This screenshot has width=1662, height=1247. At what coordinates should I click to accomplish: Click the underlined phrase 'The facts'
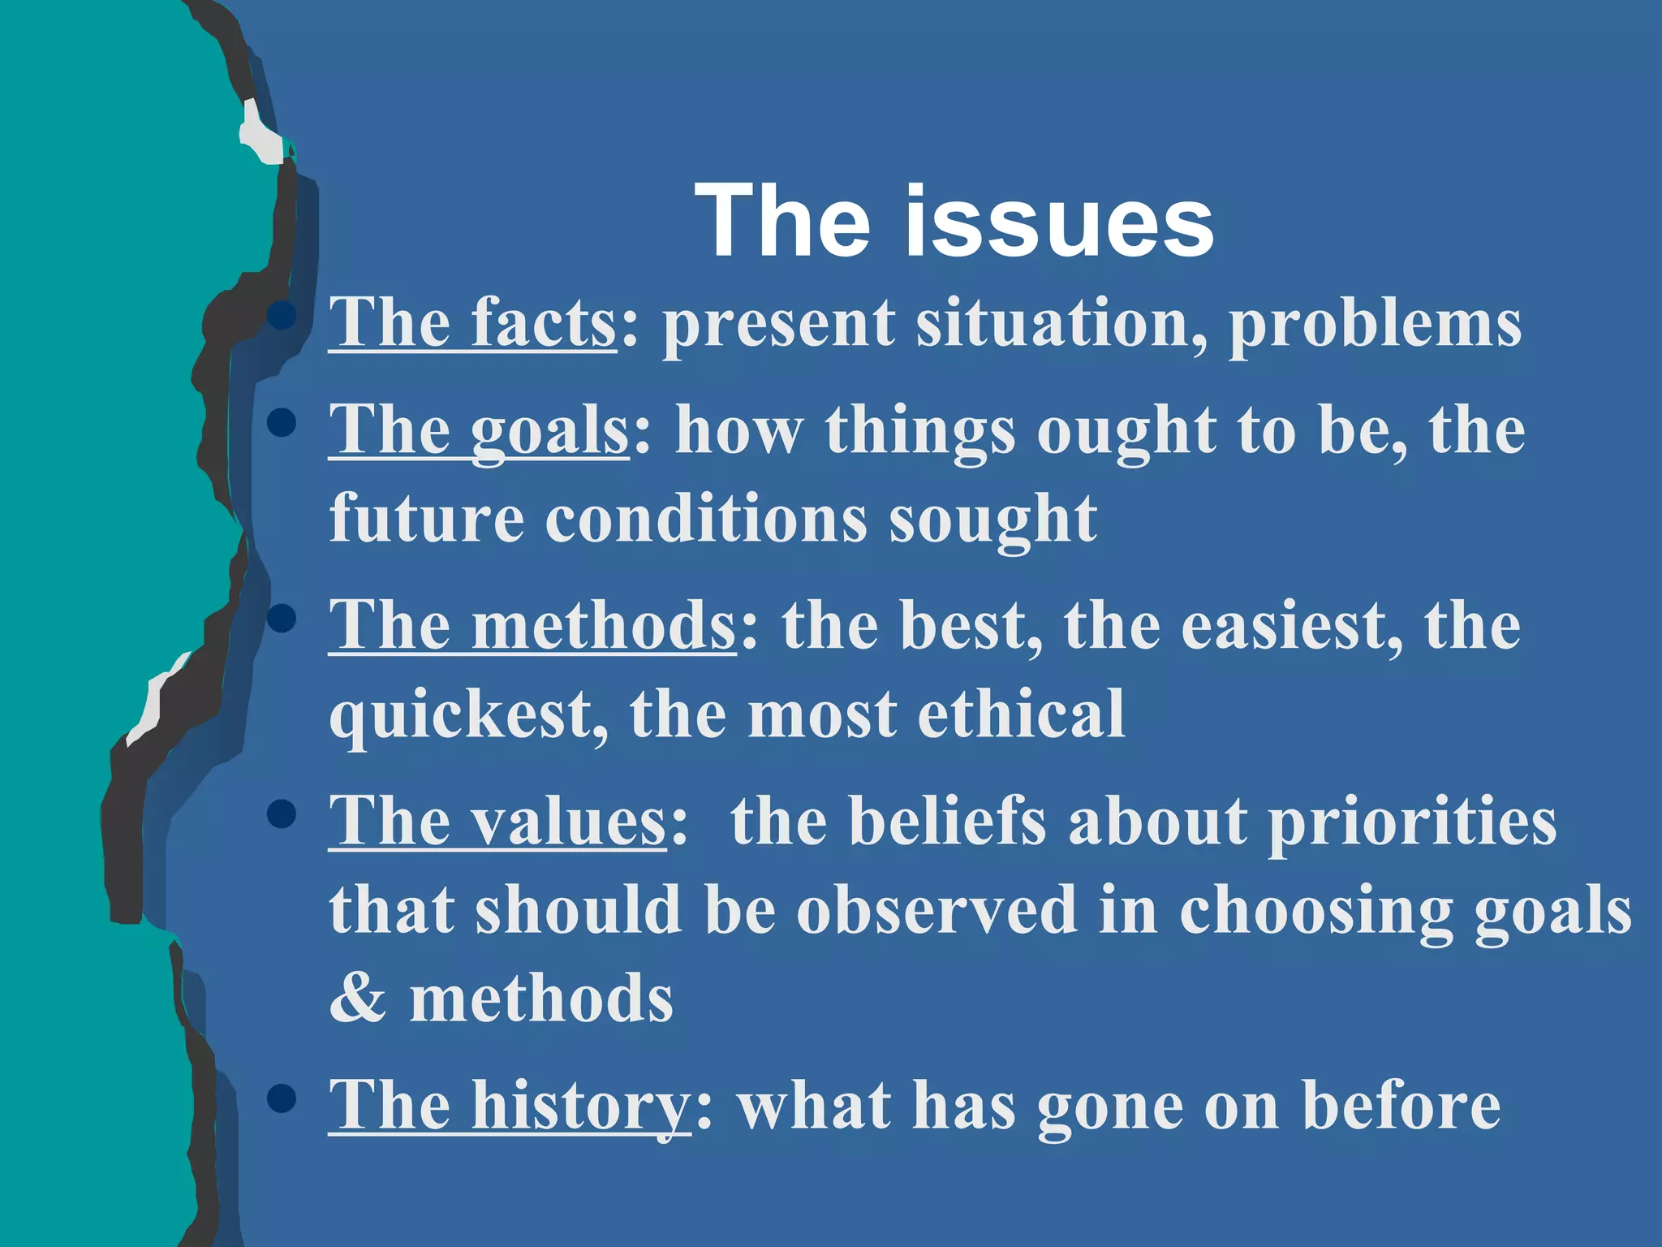(472, 322)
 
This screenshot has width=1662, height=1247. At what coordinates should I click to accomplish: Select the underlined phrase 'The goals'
(478, 430)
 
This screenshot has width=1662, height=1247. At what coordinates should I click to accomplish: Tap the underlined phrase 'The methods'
(532, 625)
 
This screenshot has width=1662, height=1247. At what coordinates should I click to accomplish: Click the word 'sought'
(993, 520)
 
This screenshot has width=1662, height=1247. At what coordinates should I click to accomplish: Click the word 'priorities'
(1412, 822)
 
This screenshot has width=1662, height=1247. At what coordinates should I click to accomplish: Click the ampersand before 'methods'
(358, 999)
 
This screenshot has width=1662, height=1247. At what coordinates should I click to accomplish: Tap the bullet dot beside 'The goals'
(281, 422)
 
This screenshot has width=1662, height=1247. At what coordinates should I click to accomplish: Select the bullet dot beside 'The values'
(281, 814)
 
